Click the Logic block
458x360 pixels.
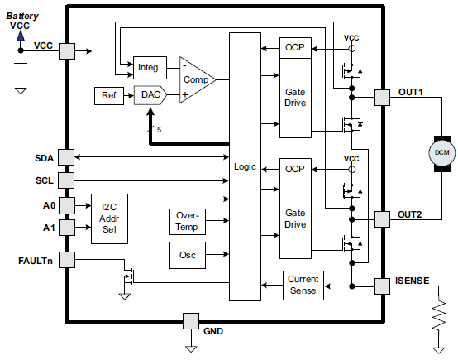[245, 167]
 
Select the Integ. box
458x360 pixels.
[149, 65]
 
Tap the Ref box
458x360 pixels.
[108, 94]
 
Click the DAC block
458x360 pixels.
[151, 94]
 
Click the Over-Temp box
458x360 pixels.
[186, 220]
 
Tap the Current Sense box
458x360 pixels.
[303, 285]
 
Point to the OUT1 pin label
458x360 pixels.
[410, 93]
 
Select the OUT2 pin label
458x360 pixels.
[410, 214]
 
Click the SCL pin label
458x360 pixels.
[44, 179]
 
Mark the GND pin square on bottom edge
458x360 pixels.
[191, 320]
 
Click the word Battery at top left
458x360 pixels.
[24, 15]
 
